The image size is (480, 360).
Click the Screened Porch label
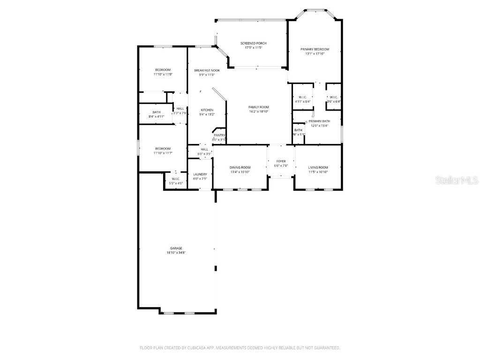[253, 43]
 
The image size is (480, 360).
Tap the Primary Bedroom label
[315, 49]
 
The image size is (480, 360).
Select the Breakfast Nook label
[207, 70]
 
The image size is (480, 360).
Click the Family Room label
[258, 107]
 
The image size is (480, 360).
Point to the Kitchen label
[207, 110]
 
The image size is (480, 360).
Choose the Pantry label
[219, 135]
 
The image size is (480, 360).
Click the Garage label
[176, 248]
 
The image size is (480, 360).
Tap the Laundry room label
[200, 174]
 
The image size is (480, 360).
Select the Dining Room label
[240, 167]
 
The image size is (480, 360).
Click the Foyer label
[280, 161]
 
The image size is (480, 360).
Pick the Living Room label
[318, 167]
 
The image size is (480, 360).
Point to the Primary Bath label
[319, 121]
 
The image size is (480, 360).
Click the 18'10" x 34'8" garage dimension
[176, 253]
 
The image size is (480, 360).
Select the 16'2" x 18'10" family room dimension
[258, 112]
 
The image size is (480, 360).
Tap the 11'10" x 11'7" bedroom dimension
[163, 153]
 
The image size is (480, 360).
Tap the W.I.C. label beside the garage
[176, 179]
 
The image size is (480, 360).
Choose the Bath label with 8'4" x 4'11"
[156, 112]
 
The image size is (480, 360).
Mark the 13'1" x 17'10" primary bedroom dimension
[315, 53]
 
